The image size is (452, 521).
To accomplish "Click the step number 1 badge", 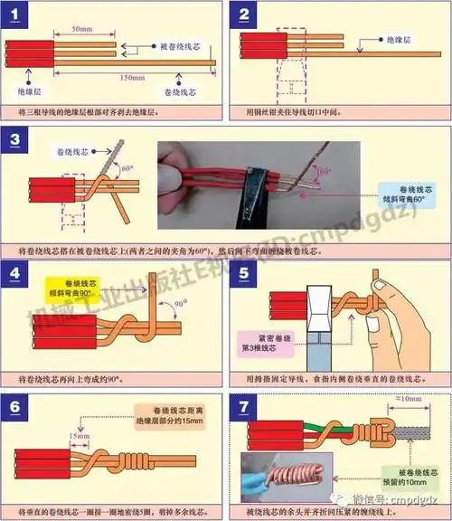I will [x=22, y=14].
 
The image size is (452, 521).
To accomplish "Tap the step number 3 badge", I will [x=22, y=140].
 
